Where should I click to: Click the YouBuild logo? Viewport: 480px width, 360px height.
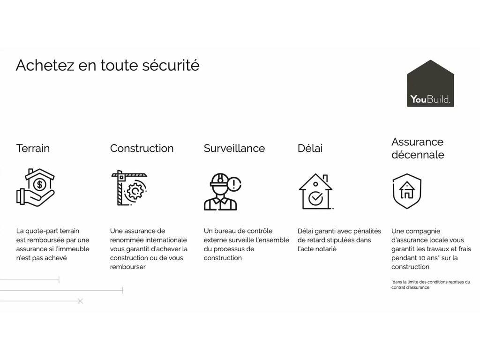[x=430, y=84]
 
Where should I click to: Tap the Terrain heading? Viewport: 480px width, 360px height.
[x=33, y=149]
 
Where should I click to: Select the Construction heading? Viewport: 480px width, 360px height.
[x=142, y=149]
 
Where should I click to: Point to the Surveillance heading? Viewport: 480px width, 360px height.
[x=234, y=149]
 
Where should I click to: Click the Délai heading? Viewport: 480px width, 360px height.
[x=310, y=149]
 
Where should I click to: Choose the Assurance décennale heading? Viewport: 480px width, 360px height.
[x=418, y=148]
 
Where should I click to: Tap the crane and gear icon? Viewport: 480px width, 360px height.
[x=129, y=189]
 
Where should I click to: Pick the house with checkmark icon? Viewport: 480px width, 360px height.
[x=316, y=192]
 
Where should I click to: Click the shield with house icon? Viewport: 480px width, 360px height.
[x=406, y=190]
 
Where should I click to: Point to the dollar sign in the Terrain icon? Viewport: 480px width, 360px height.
[x=39, y=184]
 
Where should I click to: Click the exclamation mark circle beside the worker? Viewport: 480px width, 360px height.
[x=234, y=183]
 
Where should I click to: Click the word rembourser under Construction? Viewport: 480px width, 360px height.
[x=128, y=267]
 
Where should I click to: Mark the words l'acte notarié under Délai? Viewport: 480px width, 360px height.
[x=317, y=249]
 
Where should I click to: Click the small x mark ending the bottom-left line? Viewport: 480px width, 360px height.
[x=80, y=301]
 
